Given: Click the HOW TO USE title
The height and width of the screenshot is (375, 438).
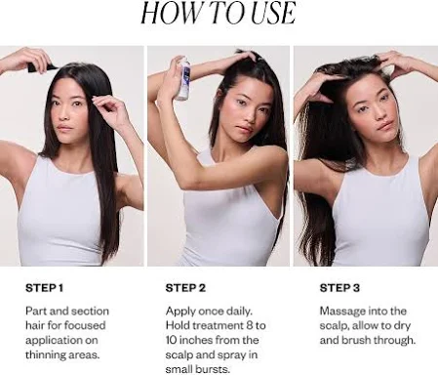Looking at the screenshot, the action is coord(219,13).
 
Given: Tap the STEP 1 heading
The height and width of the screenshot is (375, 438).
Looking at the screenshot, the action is coord(44,288).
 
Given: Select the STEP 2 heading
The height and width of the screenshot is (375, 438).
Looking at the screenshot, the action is coord(185,288).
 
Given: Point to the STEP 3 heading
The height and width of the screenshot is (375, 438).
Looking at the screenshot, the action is coord(339,288).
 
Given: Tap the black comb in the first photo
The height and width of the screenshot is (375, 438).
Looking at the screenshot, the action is coord(41,66).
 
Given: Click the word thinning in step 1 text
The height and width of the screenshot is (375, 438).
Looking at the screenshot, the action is coord(44,354).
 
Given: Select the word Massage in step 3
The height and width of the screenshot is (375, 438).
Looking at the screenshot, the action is coord(340,312).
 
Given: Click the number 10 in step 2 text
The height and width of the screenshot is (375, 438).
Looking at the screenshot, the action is coord(171,340).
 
